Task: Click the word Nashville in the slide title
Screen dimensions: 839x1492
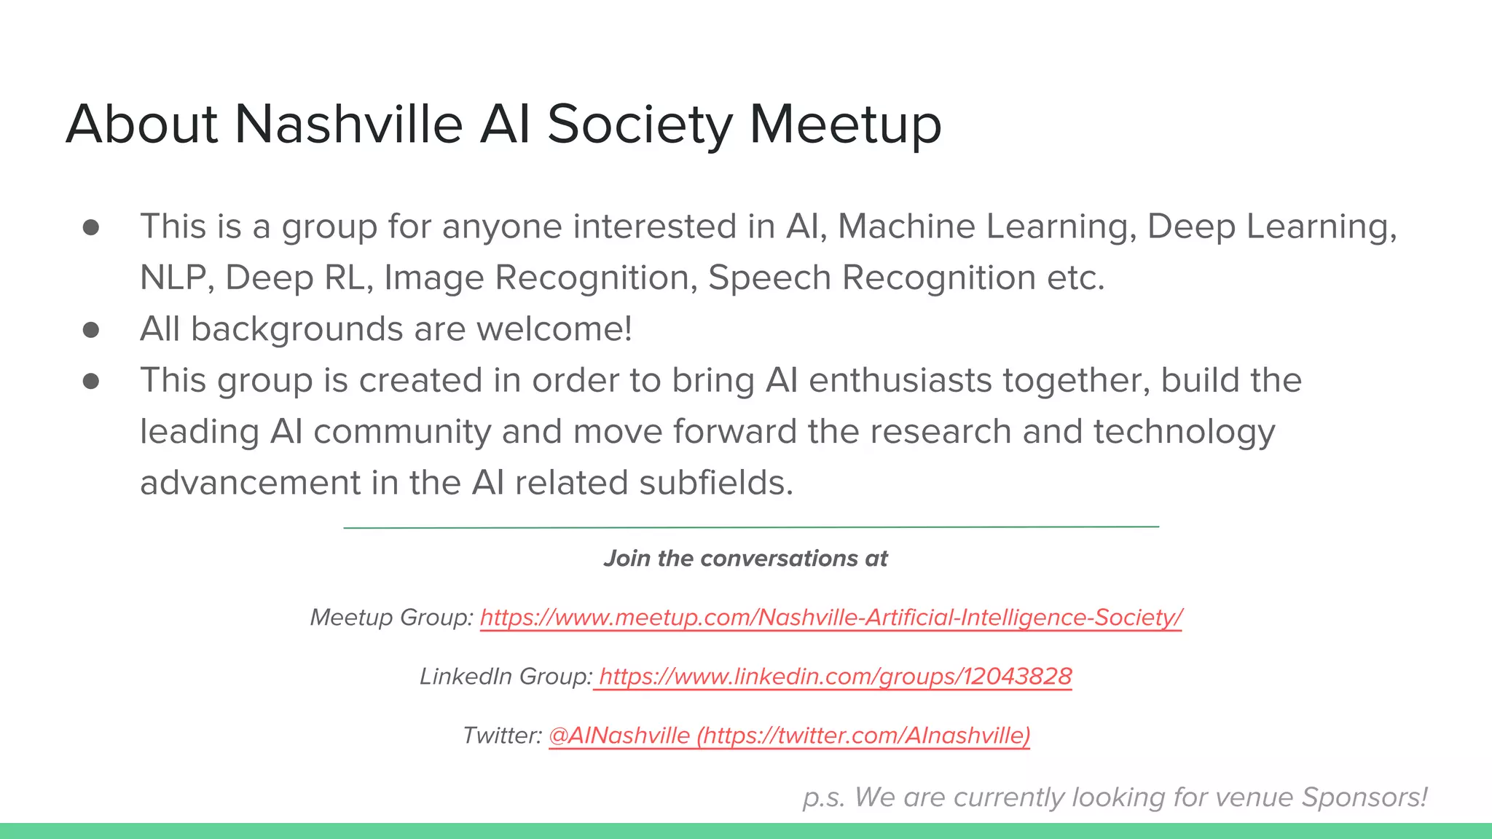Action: (x=348, y=124)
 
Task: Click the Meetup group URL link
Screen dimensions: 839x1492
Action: (x=831, y=618)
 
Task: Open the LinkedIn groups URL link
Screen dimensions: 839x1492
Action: (x=835, y=677)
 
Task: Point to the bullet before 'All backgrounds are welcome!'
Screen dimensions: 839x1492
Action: (x=91, y=330)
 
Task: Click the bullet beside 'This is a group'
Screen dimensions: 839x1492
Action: (x=91, y=227)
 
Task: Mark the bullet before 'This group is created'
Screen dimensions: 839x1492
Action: (x=91, y=381)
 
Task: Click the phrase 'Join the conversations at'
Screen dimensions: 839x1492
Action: (x=745, y=559)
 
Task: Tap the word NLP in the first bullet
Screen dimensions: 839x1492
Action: (x=173, y=278)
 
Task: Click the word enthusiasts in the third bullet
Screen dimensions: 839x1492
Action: (x=900, y=381)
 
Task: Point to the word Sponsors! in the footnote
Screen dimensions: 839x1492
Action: (x=1365, y=797)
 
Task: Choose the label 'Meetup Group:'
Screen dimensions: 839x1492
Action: (x=391, y=618)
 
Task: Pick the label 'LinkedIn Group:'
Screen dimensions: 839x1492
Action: (x=506, y=677)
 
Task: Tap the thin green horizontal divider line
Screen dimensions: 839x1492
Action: (x=750, y=527)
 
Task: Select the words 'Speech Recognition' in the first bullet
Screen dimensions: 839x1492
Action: (x=871, y=278)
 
